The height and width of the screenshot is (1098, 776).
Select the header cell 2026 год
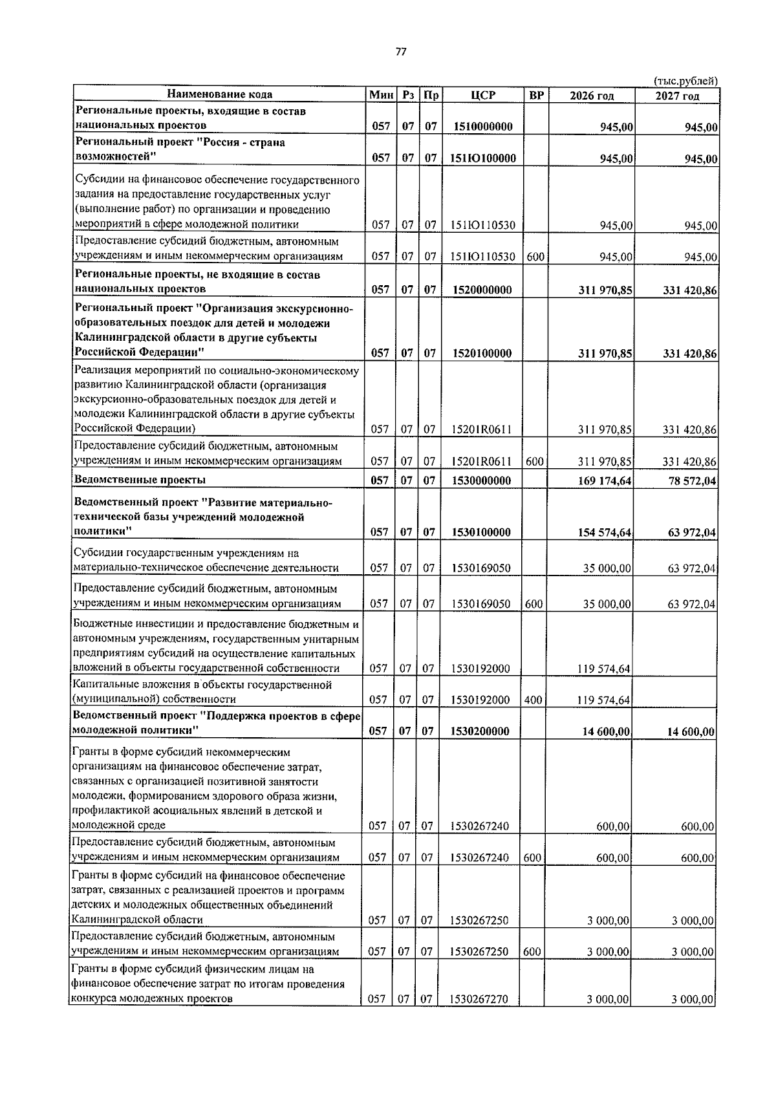coord(591,96)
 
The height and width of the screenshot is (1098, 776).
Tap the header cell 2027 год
coord(676,96)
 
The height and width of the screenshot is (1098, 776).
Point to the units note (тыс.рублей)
coord(686,81)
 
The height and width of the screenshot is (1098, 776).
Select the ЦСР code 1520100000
coord(482,353)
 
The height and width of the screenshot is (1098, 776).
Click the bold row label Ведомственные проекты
coord(140,480)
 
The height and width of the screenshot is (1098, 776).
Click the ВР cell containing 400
coord(533,700)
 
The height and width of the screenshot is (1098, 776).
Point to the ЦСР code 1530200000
coord(480,731)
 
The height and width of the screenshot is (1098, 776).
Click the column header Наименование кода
coord(220,94)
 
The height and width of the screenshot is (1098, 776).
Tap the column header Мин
coord(381,95)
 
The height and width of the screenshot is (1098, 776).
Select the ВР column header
coord(536,95)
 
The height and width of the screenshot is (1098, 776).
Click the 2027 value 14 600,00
coord(689,732)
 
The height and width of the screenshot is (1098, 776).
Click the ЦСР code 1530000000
coord(482,480)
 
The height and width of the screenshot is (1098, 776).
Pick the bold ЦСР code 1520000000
coord(482,290)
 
